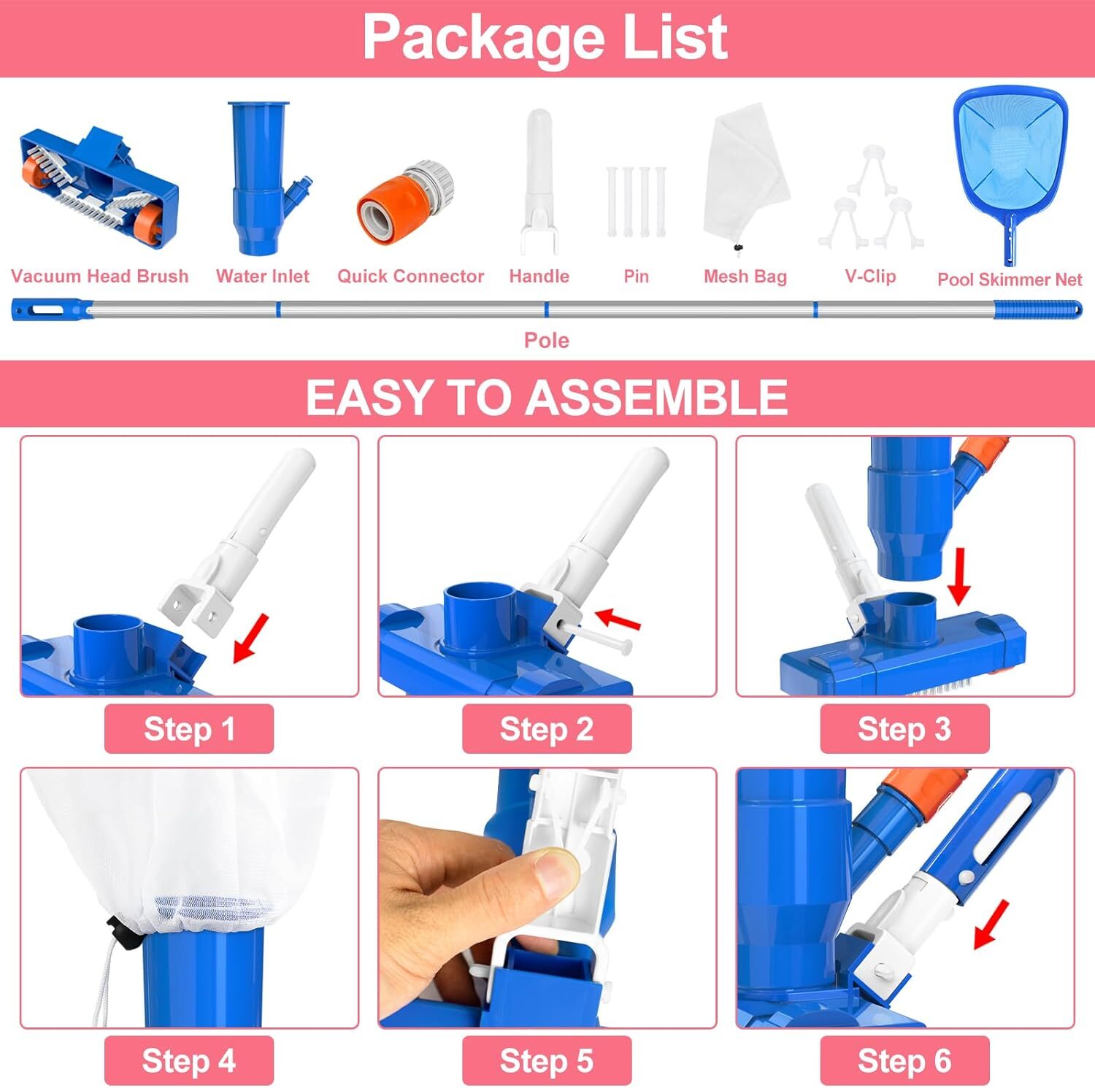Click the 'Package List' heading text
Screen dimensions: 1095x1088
pyautogui.click(x=545, y=37)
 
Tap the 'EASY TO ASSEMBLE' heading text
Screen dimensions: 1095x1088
pyautogui.click(x=546, y=397)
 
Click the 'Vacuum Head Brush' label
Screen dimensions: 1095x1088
pyautogui.click(x=100, y=277)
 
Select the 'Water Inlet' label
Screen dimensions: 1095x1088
pyautogui.click(x=263, y=277)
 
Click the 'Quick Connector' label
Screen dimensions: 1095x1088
pyautogui.click(x=410, y=277)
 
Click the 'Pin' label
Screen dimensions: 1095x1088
pyautogui.click(x=636, y=277)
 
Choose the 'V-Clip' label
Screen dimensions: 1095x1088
pyautogui.click(x=870, y=276)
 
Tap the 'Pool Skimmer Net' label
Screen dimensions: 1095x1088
pyautogui.click(x=1010, y=279)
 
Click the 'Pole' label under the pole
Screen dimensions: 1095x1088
pyautogui.click(x=546, y=340)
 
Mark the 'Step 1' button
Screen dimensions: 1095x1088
pyautogui.click(x=189, y=729)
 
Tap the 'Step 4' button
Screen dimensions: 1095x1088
pyautogui.click(x=189, y=1061)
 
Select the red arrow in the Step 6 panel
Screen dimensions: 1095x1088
pyautogui.click(x=991, y=925)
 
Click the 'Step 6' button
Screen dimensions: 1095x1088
pyautogui.click(x=904, y=1061)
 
